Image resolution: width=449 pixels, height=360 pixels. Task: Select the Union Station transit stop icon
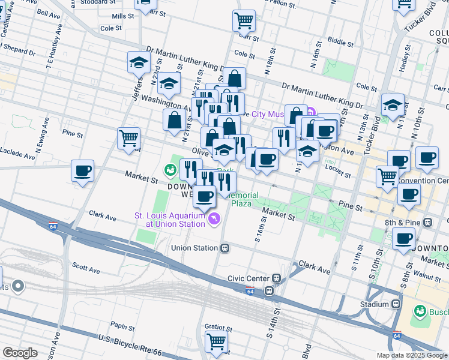pyautogui.click(x=224, y=248)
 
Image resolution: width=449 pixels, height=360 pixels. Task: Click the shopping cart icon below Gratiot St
pyautogui.click(x=217, y=342)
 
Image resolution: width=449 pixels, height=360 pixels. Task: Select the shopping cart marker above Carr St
pyautogui.click(x=244, y=20)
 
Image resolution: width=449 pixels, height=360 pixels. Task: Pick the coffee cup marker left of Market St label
pyautogui.click(x=82, y=171)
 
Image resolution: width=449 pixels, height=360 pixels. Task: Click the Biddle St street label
pyautogui.click(x=340, y=43)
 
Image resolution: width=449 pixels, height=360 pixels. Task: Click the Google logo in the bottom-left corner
pyautogui.click(x=20, y=353)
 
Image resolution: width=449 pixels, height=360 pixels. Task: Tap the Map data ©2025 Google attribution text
pyautogui.click(x=411, y=355)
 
